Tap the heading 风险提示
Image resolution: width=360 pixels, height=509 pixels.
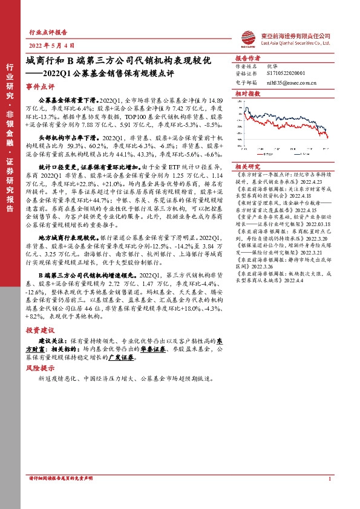(38, 367)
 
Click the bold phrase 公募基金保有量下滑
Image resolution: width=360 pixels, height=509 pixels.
(67, 97)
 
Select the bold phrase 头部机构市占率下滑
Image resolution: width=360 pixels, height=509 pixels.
(67, 138)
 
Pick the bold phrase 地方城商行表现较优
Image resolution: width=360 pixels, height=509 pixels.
(67, 222)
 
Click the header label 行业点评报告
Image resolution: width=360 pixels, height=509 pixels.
(48, 32)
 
